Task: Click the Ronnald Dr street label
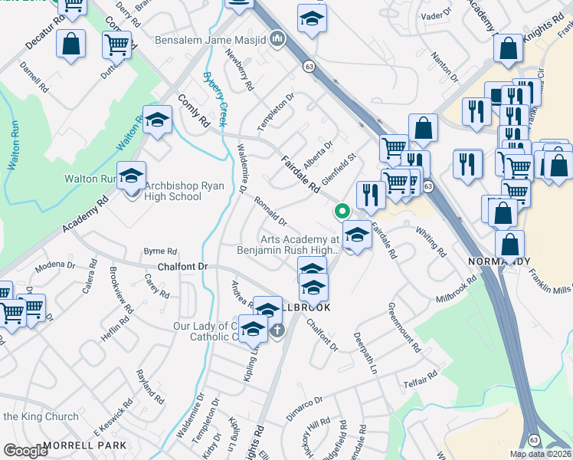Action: coord(270,210)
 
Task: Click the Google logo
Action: coord(25,450)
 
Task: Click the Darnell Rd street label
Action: coord(35,77)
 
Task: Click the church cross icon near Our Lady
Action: coord(277,330)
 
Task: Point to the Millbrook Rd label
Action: coord(456,289)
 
